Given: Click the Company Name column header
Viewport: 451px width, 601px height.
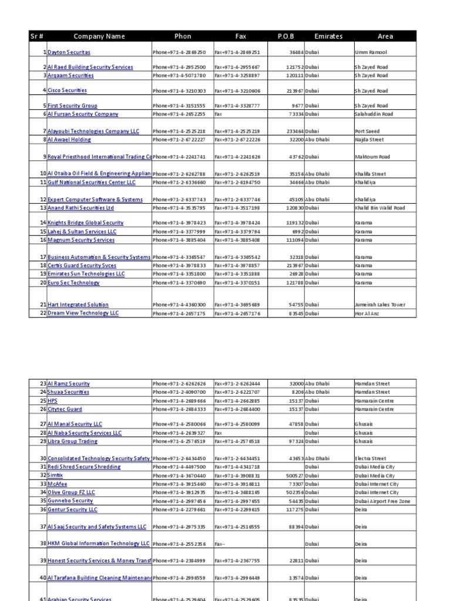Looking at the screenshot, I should [x=99, y=36].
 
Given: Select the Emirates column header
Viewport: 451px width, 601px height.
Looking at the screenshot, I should [x=328, y=36].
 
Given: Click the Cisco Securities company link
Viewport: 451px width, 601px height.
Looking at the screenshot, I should [x=67, y=91].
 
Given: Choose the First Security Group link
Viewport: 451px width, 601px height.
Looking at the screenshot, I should [x=72, y=106].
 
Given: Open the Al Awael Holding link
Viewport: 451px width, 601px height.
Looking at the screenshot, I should [x=69, y=140].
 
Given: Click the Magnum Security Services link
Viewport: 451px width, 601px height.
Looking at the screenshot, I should [x=81, y=240].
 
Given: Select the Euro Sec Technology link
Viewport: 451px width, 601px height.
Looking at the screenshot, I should [x=73, y=282].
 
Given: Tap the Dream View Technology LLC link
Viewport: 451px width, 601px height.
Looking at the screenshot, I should [x=83, y=313].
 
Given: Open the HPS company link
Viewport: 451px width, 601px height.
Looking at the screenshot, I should [x=52, y=401].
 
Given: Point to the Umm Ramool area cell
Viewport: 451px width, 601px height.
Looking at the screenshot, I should [x=371, y=52].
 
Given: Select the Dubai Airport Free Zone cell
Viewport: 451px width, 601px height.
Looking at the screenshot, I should [x=382, y=501].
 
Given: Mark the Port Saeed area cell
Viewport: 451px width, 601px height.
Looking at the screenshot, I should [x=368, y=131].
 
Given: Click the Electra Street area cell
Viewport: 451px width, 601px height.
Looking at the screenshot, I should [x=371, y=458].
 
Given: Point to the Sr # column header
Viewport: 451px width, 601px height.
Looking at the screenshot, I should [x=37, y=36].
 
